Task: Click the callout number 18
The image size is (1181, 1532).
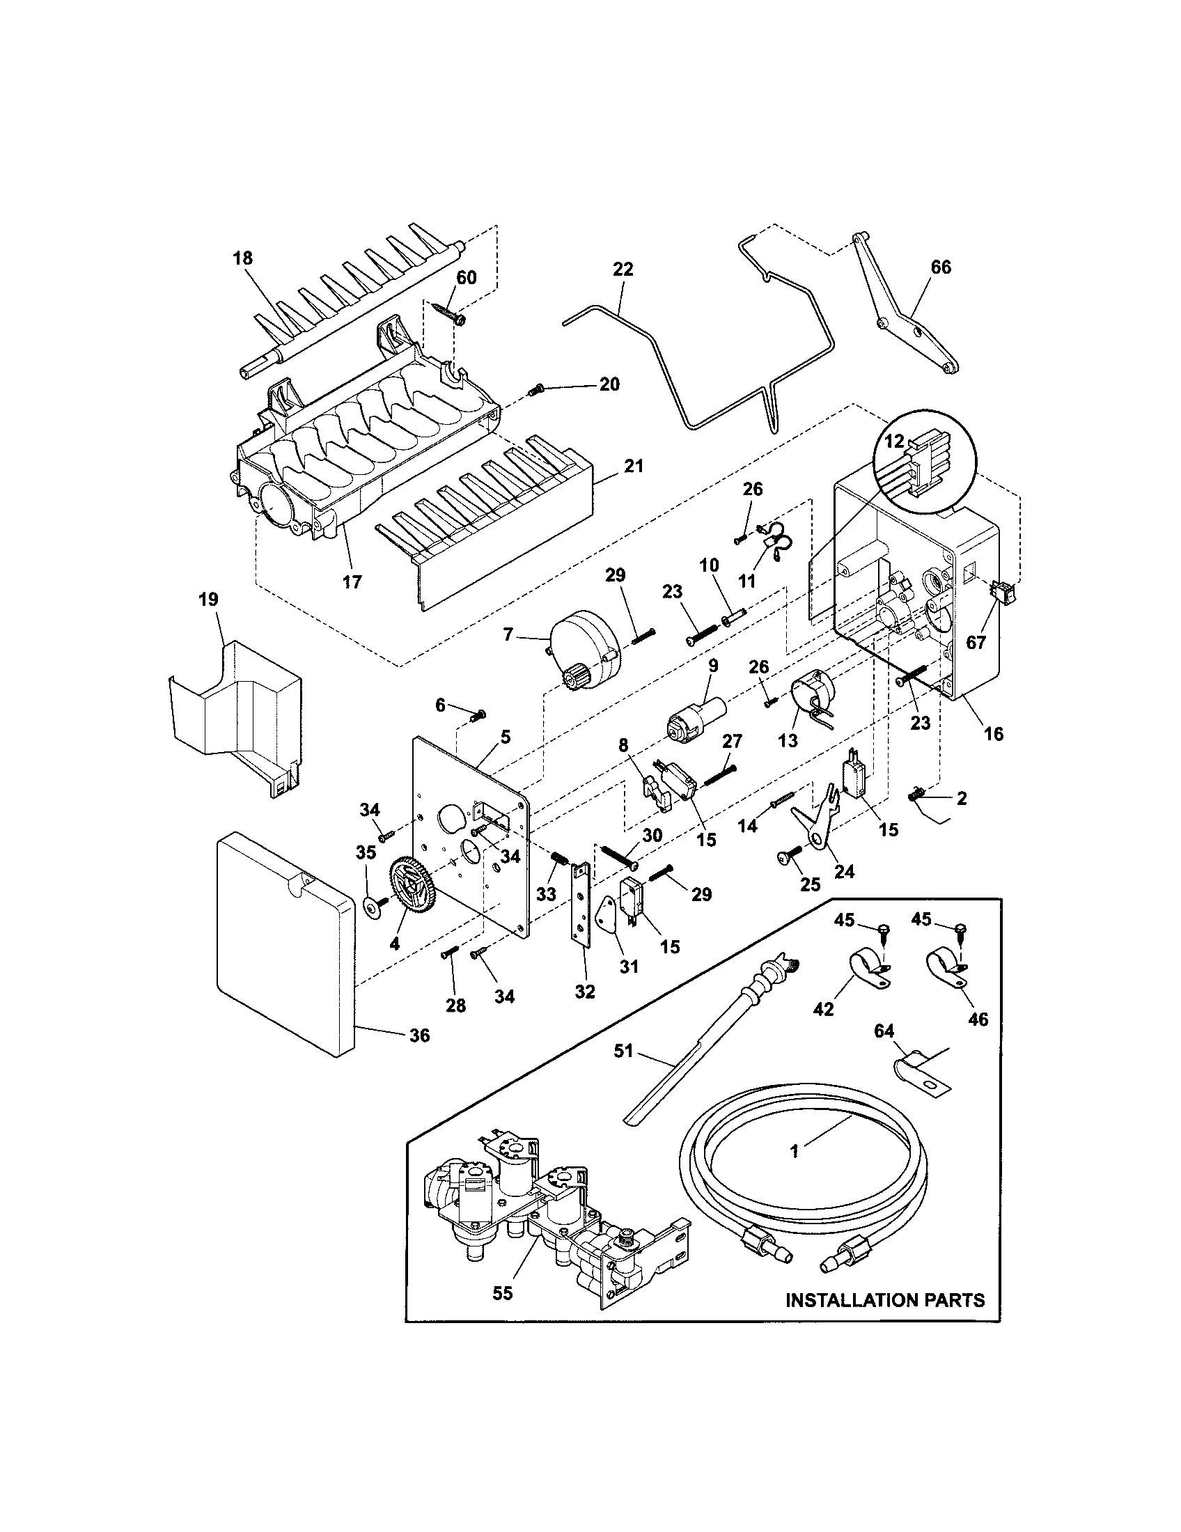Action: click(242, 258)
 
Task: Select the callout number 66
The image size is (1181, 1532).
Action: click(941, 267)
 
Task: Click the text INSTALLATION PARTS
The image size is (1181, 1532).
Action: click(885, 1301)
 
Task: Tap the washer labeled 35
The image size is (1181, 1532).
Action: click(369, 906)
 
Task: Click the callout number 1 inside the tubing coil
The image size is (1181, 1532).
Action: click(795, 1151)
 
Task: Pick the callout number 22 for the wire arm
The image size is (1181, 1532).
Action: click(623, 269)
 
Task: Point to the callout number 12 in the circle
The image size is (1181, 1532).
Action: click(894, 442)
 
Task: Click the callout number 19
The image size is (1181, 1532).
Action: click(208, 600)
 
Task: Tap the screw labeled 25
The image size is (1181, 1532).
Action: click(787, 857)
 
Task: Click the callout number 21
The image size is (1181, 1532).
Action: click(633, 466)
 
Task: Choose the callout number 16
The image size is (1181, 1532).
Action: click(993, 734)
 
